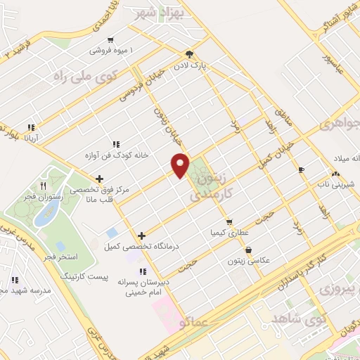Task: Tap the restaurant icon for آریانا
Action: pos(31,127)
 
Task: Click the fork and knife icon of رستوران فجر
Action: pos(43,186)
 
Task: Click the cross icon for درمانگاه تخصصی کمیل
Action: pos(142,236)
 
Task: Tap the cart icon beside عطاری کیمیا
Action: pos(229,221)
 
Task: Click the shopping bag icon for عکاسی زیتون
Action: pos(248,250)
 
